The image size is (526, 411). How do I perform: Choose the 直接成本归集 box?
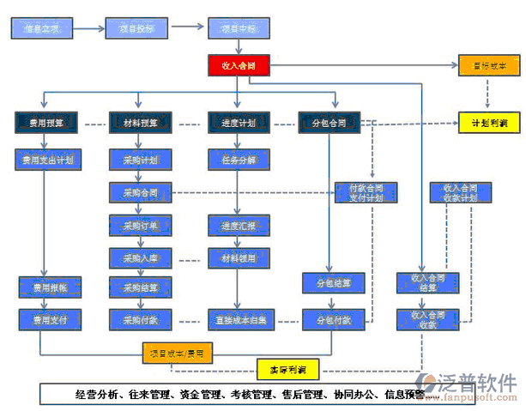pyautogui.click(x=241, y=320)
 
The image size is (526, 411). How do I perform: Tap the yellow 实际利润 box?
pyautogui.click(x=287, y=370)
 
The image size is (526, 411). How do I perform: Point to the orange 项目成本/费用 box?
pyautogui.click(x=178, y=352)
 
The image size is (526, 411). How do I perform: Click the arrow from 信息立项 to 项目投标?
pyautogui.click(x=89, y=28)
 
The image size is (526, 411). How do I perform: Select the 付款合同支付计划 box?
pyautogui.click(x=366, y=192)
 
